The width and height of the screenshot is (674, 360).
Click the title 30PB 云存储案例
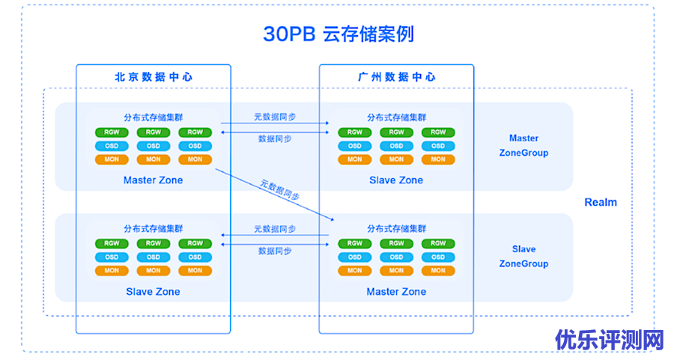tap(338, 34)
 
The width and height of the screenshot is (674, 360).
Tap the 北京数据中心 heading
tap(154, 77)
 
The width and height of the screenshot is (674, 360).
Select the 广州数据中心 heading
tap(396, 77)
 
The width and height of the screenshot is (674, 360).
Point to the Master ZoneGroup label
tap(523, 145)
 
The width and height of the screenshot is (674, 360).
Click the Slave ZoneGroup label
tap(523, 256)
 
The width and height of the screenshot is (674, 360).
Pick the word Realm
tap(601, 202)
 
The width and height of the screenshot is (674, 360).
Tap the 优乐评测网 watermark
tap(610, 341)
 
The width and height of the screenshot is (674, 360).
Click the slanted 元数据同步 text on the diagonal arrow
tap(280, 190)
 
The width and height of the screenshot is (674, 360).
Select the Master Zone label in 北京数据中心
tap(153, 180)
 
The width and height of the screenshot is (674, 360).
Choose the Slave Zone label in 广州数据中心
tap(396, 180)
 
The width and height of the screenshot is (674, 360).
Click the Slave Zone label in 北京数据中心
tap(153, 292)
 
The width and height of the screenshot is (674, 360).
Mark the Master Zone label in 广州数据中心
tap(396, 292)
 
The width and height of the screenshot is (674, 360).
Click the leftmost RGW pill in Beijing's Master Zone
tap(112, 132)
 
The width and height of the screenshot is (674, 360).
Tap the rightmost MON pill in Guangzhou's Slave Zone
tap(438, 159)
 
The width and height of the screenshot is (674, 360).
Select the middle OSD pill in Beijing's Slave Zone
tap(154, 257)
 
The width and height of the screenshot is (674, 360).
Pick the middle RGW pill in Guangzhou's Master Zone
tap(396, 243)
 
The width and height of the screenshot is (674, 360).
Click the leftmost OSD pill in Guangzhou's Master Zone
tap(355, 257)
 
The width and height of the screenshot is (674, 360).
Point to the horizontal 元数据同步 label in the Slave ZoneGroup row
tap(275, 229)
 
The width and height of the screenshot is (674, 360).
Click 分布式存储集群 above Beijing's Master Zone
tap(154, 118)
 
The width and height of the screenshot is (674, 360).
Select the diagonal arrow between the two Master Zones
tap(275, 195)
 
